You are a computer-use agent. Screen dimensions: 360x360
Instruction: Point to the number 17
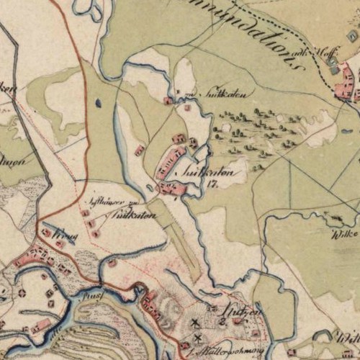click(212, 184)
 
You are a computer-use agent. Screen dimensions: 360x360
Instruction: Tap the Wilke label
click(344, 235)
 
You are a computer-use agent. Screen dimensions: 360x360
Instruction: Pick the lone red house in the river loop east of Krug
click(112, 264)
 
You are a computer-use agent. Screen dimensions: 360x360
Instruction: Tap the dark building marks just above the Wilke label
click(334, 216)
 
